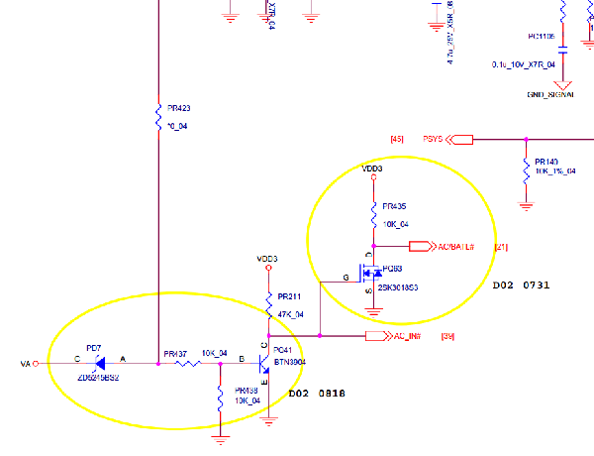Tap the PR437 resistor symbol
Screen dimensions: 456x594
(188, 364)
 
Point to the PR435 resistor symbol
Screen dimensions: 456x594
(373, 214)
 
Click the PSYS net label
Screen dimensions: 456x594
(437, 139)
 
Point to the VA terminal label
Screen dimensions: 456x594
(26, 364)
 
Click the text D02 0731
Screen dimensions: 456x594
(521, 285)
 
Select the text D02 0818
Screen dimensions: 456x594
(317, 393)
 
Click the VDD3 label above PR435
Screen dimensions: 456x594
(373, 169)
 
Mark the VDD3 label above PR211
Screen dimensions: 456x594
(267, 259)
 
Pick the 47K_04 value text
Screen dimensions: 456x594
(290, 314)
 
